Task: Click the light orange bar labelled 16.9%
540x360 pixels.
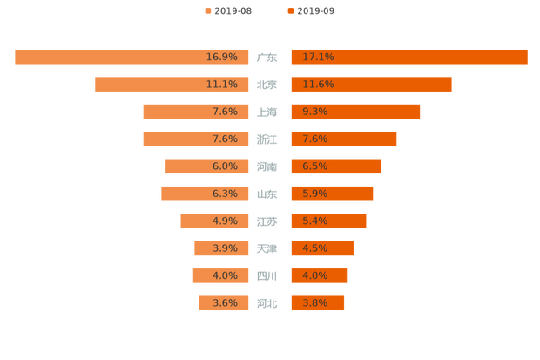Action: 131,57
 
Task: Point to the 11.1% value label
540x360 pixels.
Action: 222,85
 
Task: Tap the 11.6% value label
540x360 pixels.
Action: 318,85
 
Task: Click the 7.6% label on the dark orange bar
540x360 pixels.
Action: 314,139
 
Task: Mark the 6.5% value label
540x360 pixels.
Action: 314,166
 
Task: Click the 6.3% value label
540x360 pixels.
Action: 225,194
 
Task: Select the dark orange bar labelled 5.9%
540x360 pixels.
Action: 332,194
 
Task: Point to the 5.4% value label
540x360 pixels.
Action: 314,221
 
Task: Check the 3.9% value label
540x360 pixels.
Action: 225,248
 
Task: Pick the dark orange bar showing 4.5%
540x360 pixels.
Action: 322,248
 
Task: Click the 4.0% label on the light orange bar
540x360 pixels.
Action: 225,275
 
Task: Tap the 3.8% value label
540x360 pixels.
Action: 314,303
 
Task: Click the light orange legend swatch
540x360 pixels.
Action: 207,10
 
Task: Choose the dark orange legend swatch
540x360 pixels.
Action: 289,10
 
